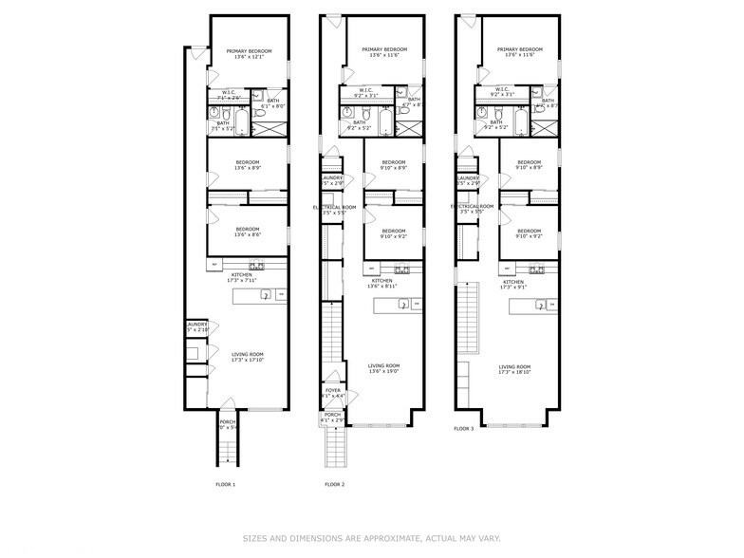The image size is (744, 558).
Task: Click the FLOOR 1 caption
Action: coord(225,484)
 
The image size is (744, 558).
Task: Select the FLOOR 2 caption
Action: coord(334,484)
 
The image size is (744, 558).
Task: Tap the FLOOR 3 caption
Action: coord(463,429)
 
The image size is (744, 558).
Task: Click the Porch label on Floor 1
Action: coord(228,424)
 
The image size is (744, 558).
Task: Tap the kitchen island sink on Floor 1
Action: coord(267,295)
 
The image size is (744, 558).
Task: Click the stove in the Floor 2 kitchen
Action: coord(400,269)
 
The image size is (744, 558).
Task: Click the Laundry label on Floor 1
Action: coord(197,327)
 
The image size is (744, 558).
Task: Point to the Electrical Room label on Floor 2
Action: coord(336,210)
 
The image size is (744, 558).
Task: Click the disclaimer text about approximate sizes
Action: coord(371,538)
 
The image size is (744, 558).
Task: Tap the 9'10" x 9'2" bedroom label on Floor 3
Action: coord(530,234)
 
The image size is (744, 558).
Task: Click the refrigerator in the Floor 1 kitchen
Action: coord(214,265)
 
